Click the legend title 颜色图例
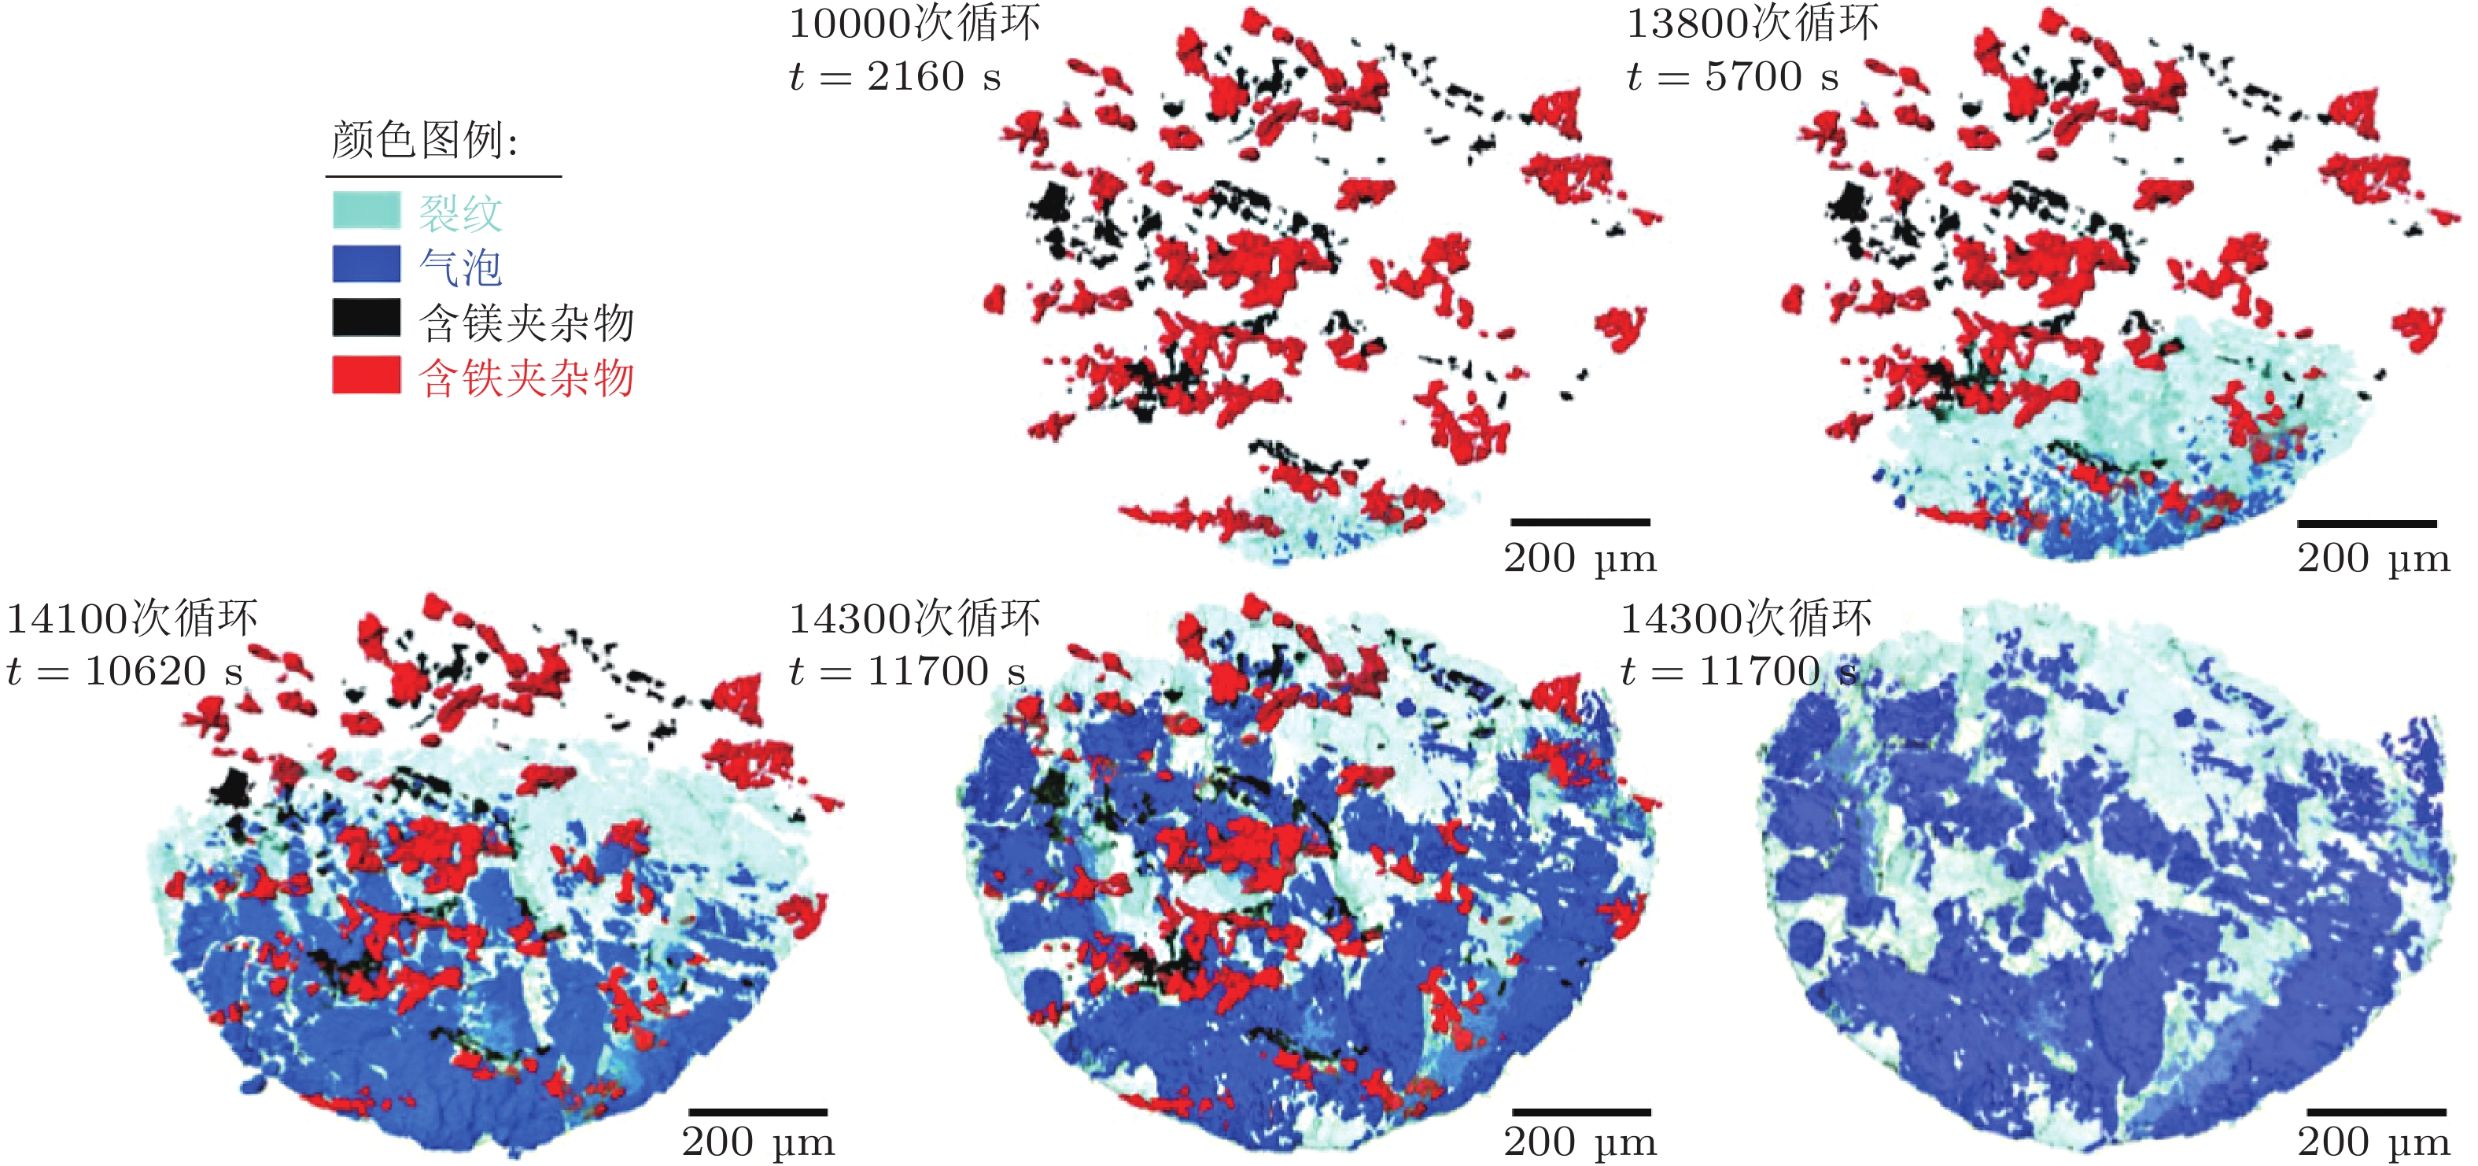click(x=424, y=141)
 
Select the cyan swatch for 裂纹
click(x=366, y=211)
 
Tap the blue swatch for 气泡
click(x=366, y=264)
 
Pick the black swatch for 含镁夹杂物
click(x=366, y=319)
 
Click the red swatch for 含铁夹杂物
click(x=366, y=375)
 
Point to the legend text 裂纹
click(x=460, y=212)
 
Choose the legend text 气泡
click(x=460, y=268)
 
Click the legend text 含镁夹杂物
click(x=526, y=323)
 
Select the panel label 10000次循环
click(x=914, y=23)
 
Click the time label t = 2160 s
click(x=894, y=76)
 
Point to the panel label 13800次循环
click(x=1752, y=23)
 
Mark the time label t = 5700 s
click(x=1732, y=76)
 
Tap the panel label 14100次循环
click(x=132, y=618)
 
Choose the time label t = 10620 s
click(x=124, y=670)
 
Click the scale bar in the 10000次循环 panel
click(x=1580, y=522)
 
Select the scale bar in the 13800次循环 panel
click(x=2366, y=524)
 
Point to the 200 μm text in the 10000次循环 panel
click(x=1580, y=558)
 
